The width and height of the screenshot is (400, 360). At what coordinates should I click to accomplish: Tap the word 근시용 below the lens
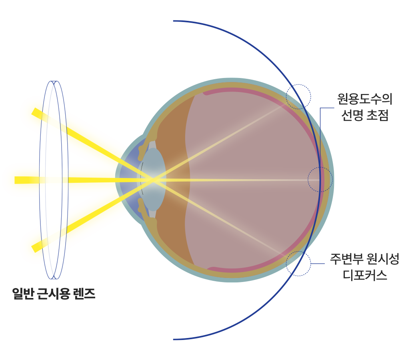tap(54, 294)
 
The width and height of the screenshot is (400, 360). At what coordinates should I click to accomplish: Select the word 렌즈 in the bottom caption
tap(84, 294)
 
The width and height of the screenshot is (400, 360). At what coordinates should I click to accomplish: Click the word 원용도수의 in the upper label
tap(364, 99)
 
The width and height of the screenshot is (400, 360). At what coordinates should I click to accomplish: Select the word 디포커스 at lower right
tap(365, 276)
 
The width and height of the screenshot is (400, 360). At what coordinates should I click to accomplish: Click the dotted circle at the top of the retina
tap(298, 84)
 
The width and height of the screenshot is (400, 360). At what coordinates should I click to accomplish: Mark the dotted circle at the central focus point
tap(320, 167)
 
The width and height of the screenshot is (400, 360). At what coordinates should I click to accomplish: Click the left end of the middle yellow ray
tap(15, 180)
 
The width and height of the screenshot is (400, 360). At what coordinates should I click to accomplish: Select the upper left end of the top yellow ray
tap(33, 112)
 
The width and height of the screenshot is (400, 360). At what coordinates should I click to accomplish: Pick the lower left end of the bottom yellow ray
tap(33, 249)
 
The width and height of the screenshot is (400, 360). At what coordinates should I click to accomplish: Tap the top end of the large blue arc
tap(174, 21)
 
